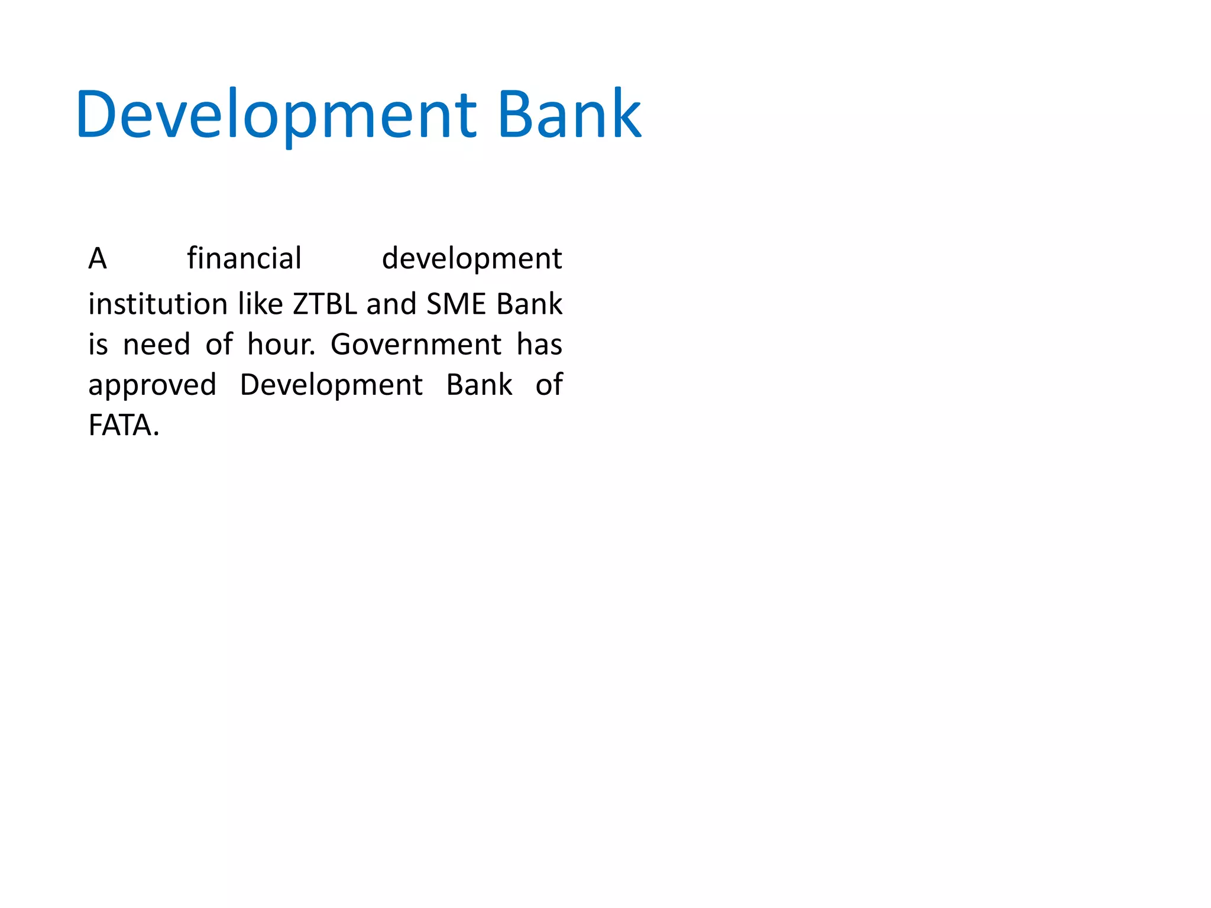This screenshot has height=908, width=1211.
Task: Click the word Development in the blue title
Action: [x=276, y=115]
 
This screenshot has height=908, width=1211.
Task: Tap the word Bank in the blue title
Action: [x=569, y=115]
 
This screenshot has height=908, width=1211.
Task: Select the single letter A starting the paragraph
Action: [x=98, y=259]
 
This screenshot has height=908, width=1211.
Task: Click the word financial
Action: [x=244, y=259]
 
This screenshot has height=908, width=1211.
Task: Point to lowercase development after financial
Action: [x=471, y=259]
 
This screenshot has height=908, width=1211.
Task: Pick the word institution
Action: [x=158, y=304]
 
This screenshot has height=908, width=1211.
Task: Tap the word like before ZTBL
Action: [x=260, y=304]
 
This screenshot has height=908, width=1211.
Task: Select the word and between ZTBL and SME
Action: [x=391, y=304]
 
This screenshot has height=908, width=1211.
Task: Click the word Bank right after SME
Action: [x=529, y=304]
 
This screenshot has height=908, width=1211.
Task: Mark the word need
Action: [x=157, y=345]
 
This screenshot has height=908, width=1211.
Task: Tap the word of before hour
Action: [x=219, y=345]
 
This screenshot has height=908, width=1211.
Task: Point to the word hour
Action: [x=281, y=345]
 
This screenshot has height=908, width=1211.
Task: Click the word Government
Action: [x=416, y=345]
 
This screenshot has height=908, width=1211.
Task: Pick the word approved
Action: [x=153, y=385]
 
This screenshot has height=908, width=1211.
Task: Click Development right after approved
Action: [x=331, y=385]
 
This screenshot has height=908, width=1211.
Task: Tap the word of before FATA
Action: [x=549, y=385]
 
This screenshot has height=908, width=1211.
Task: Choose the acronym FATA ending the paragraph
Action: [x=121, y=426]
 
